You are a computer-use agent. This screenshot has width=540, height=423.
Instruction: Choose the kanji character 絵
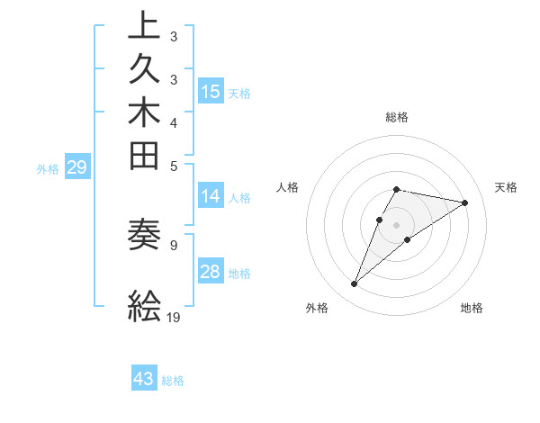point(145,306)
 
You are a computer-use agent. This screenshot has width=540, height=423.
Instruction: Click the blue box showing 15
point(211,91)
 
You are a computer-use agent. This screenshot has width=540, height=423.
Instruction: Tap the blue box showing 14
point(211,197)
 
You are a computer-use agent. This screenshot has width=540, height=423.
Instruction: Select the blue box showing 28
point(211,272)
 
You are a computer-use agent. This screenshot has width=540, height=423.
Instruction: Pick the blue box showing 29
point(76,167)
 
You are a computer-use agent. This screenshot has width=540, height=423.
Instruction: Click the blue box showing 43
point(144,379)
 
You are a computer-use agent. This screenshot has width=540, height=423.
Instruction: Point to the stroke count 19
point(174,317)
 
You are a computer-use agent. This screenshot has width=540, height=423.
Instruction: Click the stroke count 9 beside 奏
point(173,243)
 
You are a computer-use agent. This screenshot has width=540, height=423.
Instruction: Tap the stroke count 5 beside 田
point(173,165)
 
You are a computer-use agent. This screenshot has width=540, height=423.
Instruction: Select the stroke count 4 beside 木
point(173,121)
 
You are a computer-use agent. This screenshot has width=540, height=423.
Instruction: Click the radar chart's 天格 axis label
point(506,187)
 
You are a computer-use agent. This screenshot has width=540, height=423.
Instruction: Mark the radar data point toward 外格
point(355,284)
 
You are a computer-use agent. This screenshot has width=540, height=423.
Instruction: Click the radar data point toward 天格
point(465,202)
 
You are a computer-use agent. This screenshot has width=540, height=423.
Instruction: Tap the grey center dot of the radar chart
point(397,224)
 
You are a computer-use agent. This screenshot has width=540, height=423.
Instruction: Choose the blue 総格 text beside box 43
point(173,381)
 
